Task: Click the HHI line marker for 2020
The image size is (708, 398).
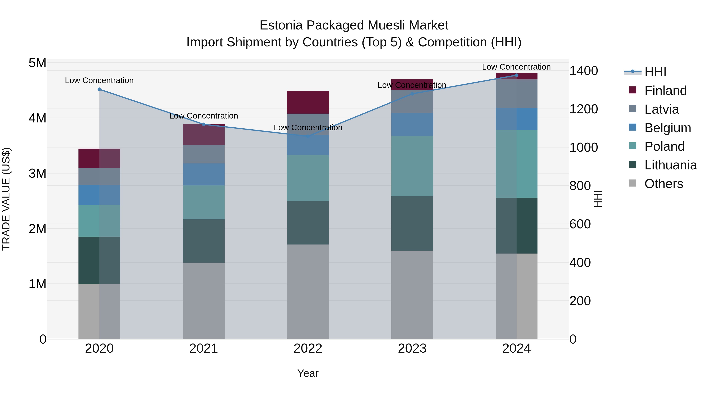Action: click(x=99, y=89)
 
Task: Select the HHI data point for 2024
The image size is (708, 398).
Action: click(x=516, y=75)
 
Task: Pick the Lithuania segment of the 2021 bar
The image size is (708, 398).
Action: click(x=204, y=241)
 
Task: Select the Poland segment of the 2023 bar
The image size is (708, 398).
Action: click(x=412, y=166)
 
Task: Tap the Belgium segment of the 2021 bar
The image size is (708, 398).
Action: click(x=204, y=174)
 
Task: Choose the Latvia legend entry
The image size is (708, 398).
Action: click(x=661, y=109)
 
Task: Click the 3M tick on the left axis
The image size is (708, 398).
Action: click(x=37, y=174)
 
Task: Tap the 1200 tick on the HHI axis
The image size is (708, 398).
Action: click(x=583, y=109)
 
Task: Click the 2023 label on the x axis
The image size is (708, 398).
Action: click(x=412, y=348)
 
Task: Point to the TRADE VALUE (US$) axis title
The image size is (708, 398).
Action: click(x=6, y=199)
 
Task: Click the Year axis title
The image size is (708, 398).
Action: click(x=308, y=373)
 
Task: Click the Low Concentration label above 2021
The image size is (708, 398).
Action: click(x=204, y=116)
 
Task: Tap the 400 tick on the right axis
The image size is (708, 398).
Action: click(x=580, y=263)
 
